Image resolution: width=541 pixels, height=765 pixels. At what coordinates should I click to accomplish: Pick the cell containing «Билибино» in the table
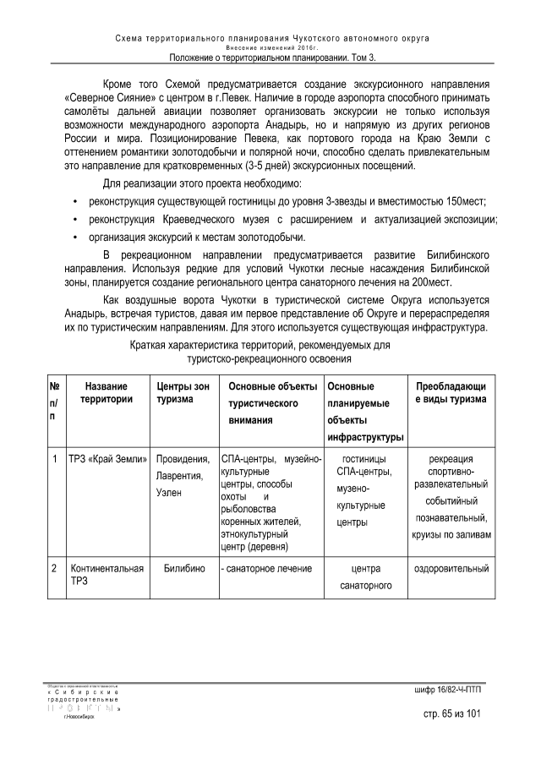tap(183, 569)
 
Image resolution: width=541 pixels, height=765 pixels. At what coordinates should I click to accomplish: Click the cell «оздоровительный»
tap(451, 569)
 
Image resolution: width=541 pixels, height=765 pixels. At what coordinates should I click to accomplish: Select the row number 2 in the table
tap(53, 569)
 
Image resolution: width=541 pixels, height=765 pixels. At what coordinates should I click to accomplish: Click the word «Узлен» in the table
tap(169, 493)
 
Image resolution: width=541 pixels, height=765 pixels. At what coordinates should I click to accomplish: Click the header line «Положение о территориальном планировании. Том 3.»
tap(271, 57)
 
